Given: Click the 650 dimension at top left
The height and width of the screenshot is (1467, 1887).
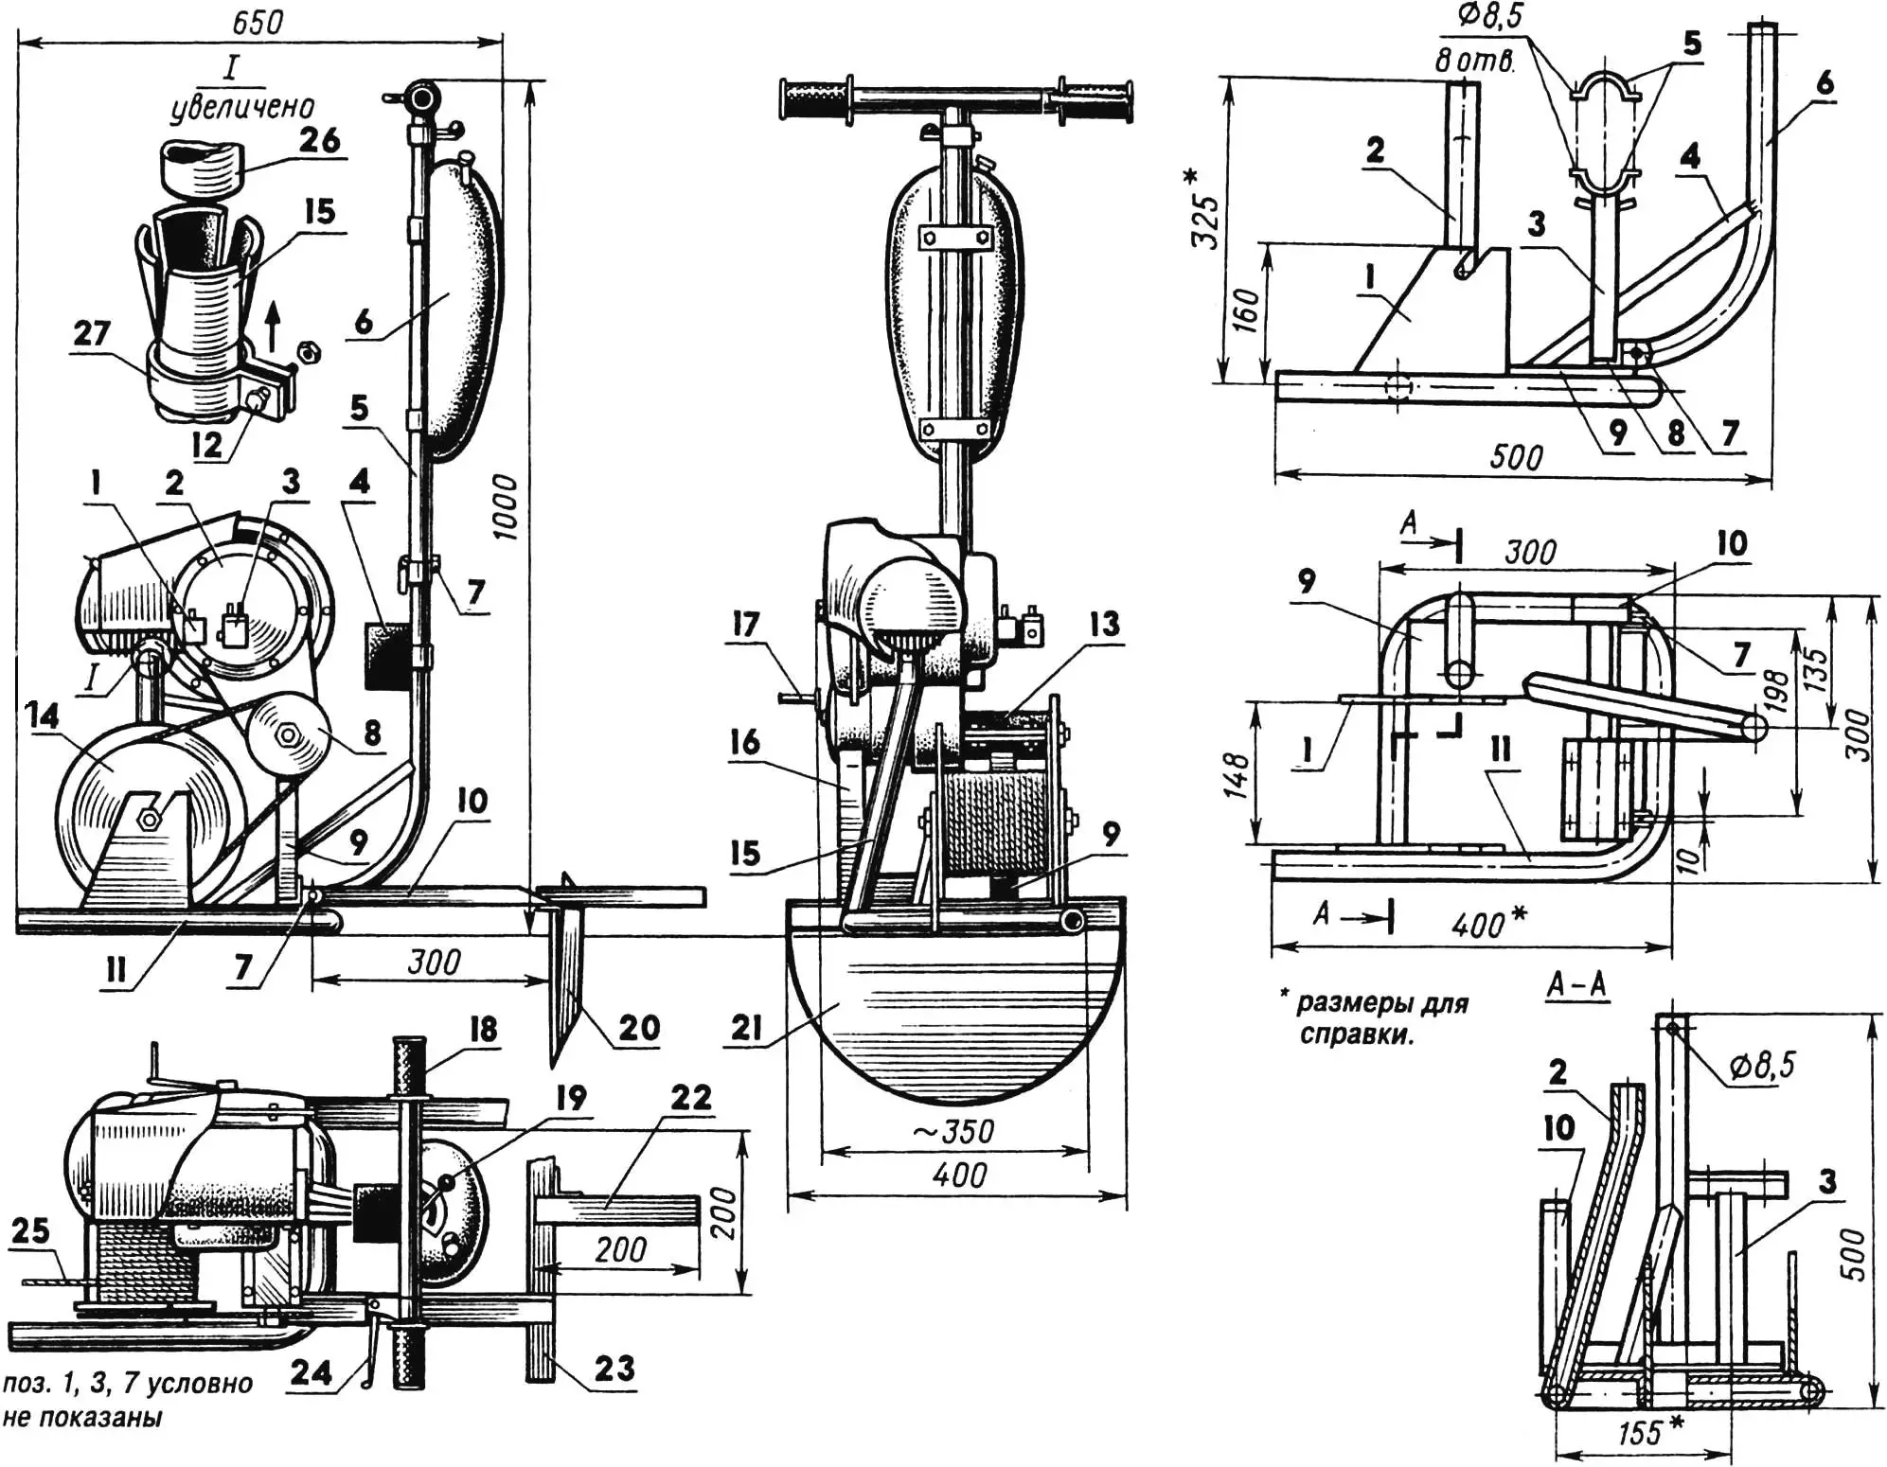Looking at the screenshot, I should click(x=258, y=21).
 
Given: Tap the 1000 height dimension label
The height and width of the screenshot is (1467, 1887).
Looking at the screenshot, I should click(x=506, y=506).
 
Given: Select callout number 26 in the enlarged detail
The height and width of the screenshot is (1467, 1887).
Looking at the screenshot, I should click(x=319, y=140).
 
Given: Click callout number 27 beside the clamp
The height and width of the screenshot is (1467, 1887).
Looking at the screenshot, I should click(x=92, y=333).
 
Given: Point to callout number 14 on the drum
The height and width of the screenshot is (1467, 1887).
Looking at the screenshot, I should click(x=44, y=716).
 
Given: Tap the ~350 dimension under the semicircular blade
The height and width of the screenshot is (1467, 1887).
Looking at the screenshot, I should click(x=954, y=1131).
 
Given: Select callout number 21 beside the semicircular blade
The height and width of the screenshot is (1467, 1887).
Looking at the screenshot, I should click(x=747, y=1027).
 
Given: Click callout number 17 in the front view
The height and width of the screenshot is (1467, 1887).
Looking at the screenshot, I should click(x=746, y=625).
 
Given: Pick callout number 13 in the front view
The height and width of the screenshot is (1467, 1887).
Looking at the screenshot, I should click(x=1104, y=624).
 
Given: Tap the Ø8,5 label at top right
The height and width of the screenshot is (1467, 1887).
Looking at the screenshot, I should click(x=1490, y=16).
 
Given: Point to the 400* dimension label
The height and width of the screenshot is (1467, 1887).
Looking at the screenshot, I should click(x=1489, y=923).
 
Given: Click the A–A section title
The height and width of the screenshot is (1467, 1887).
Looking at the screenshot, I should click(x=1576, y=985).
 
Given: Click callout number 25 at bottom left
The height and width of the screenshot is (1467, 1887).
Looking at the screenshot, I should click(x=29, y=1230).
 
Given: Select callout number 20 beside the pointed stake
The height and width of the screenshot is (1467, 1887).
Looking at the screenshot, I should click(x=639, y=1028).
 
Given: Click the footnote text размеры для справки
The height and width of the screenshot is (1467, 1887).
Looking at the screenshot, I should click(x=1382, y=1017).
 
